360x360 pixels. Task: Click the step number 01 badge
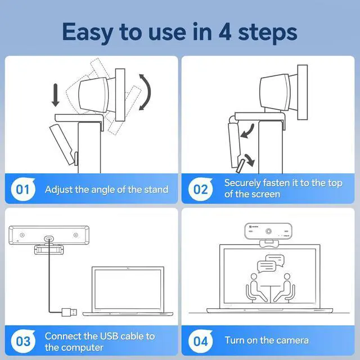coord(23,189)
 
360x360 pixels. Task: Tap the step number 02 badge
coord(200,189)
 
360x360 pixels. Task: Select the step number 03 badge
coord(23,341)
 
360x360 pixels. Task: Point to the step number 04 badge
coord(200,341)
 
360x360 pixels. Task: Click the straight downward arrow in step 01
coord(55,95)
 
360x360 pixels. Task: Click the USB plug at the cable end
coord(69,312)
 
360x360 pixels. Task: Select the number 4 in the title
coord(225,32)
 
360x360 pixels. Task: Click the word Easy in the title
coord(88,33)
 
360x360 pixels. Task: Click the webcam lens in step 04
coord(268,231)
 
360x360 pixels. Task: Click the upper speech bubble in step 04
coord(275,260)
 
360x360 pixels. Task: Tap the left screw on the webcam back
coord(22,235)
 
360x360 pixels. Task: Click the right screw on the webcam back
coord(75,235)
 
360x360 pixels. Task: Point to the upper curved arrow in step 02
coord(249,132)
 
